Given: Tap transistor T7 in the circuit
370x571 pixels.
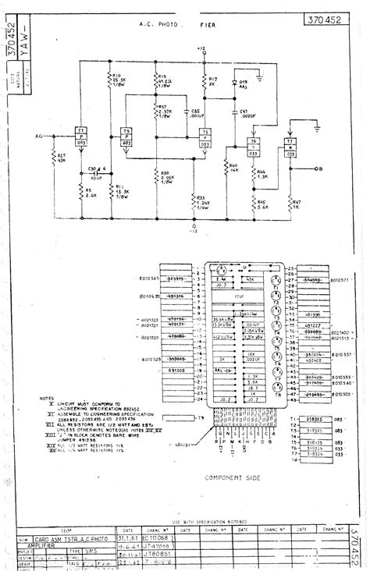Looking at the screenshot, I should [290, 149].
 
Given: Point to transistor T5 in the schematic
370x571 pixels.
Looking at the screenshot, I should [205, 137].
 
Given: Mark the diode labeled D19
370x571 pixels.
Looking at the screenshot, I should [242, 84].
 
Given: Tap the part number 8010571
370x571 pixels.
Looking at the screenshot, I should [343, 277].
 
